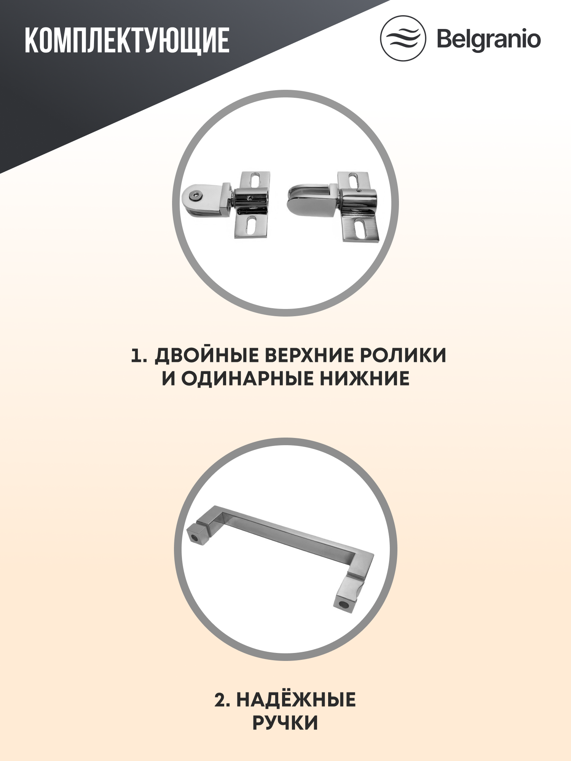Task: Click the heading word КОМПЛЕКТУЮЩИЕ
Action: coord(127,40)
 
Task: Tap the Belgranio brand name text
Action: coord(488,39)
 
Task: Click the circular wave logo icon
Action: coord(403,38)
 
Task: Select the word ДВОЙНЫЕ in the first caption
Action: coord(206,355)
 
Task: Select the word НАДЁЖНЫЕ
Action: coord(296,700)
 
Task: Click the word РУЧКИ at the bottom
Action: coord(285,723)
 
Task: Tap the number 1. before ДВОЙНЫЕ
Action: coord(139,356)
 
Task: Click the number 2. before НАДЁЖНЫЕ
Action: coord(222,700)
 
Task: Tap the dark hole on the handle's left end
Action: coord(195,538)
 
